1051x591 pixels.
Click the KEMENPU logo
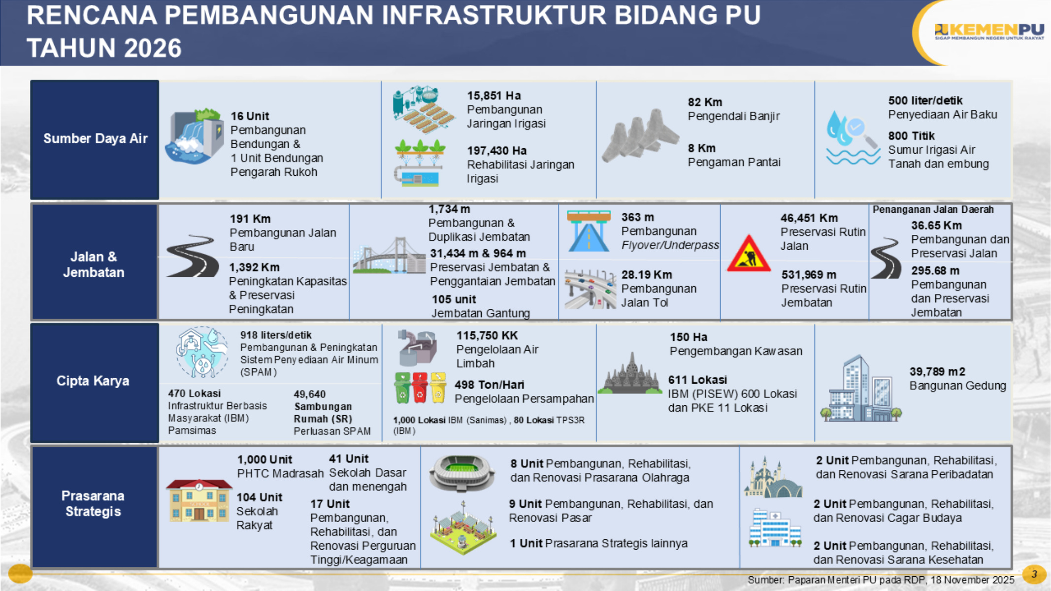tap(989, 32)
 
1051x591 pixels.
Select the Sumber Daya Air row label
tap(95, 138)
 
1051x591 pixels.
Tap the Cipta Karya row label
tap(93, 381)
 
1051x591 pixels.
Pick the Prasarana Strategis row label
tap(93, 503)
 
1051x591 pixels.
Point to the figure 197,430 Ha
tap(496, 151)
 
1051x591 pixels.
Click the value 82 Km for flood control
tap(705, 102)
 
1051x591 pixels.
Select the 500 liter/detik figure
tap(925, 100)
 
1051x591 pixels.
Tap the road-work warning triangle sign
tap(749, 253)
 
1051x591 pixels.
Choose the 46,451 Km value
tap(809, 218)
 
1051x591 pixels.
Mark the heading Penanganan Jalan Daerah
tap(933, 209)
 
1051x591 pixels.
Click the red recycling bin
tap(420, 388)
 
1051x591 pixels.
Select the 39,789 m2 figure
tap(937, 372)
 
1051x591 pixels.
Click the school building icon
tap(199, 500)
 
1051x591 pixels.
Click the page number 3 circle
tap(1034, 574)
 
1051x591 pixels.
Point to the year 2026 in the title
tap(153, 48)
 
